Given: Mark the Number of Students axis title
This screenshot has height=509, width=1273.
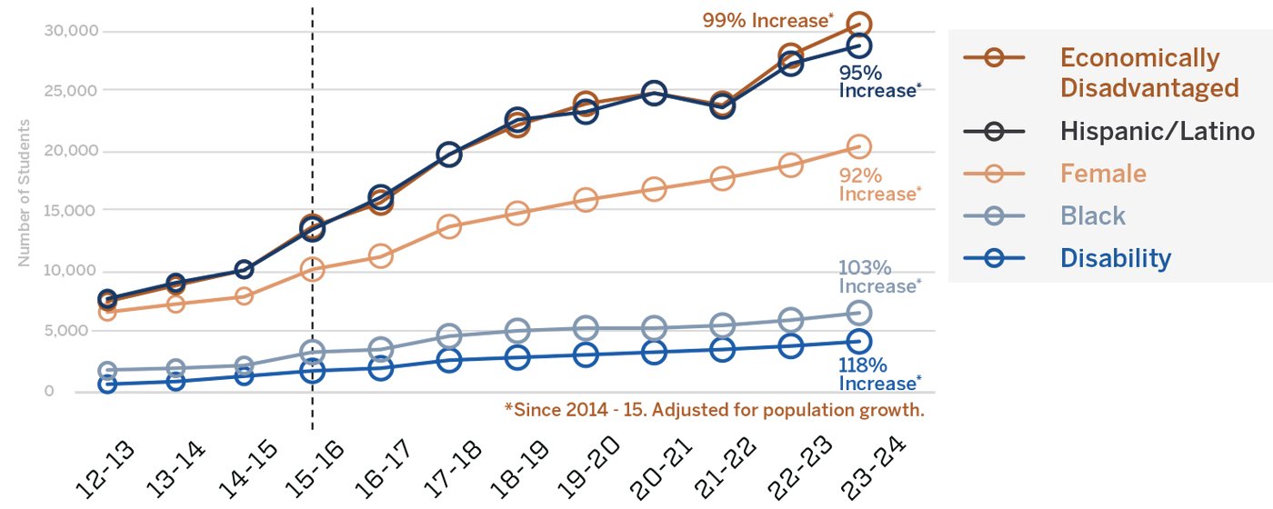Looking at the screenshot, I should [24, 192].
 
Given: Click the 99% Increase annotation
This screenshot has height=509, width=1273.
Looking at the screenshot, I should [768, 20].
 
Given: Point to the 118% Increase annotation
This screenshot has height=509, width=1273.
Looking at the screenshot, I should [878, 374].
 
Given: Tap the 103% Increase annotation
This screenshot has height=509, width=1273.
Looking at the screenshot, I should [878, 277].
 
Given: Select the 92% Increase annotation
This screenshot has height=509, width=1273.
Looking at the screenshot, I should [878, 185].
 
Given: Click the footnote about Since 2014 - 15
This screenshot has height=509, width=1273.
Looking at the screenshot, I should [714, 410].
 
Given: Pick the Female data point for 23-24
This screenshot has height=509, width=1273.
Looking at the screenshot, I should [858, 146].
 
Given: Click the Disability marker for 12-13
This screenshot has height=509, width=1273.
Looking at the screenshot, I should [107, 384].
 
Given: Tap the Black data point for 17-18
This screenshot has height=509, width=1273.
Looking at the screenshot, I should [448, 336].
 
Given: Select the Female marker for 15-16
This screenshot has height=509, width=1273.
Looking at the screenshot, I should [312, 269].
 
